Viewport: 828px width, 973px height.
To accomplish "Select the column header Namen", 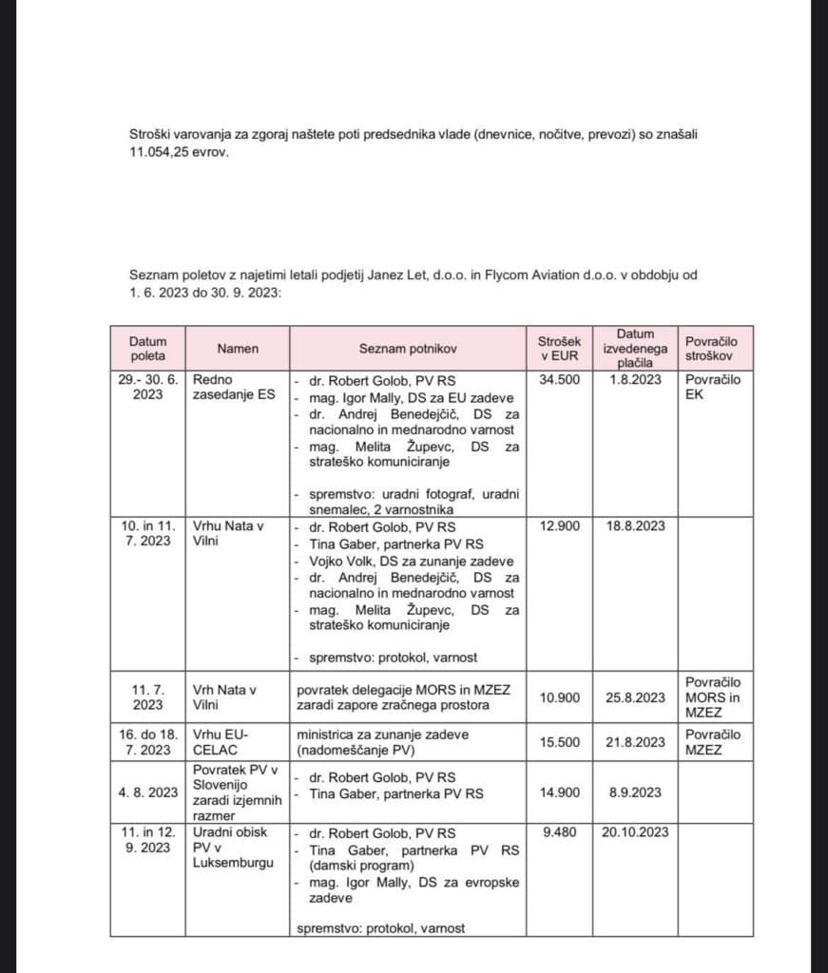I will tap(238, 349).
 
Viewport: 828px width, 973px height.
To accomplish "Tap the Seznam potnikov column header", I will tap(408, 349).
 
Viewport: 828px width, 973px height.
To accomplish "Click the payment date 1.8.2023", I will tap(634, 379).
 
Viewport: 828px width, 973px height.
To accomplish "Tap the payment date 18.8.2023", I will tap(634, 525).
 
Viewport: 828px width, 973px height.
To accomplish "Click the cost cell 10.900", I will tap(559, 697).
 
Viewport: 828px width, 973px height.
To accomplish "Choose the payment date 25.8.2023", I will tap(634, 697).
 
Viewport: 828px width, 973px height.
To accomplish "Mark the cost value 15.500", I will tap(559, 742).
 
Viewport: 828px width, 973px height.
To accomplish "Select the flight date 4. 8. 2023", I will tap(149, 792).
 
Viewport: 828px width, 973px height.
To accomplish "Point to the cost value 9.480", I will tap(559, 832).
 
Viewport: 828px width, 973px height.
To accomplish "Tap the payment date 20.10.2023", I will tap(634, 832).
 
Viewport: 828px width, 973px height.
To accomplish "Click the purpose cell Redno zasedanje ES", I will tap(234, 387).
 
